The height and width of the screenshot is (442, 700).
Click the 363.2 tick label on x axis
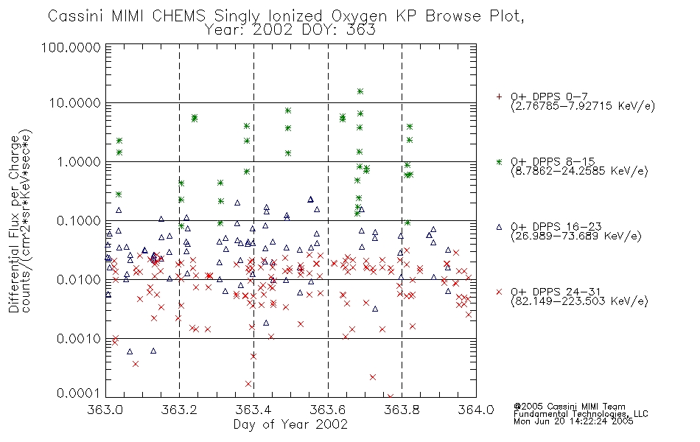(x=179, y=410)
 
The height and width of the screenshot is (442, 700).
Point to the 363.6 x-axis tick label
(x=328, y=410)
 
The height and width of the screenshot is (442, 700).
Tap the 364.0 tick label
(x=476, y=410)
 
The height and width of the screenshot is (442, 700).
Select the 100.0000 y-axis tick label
(x=71, y=47)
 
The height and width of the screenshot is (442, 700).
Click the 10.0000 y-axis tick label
(x=74, y=103)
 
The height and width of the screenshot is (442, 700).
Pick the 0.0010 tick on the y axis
(x=79, y=339)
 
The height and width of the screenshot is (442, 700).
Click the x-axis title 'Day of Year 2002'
(x=290, y=424)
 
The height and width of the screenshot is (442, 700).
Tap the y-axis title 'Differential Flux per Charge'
(x=14, y=224)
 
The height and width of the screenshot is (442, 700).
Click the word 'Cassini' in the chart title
(x=75, y=16)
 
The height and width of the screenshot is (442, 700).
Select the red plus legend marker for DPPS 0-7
(x=499, y=97)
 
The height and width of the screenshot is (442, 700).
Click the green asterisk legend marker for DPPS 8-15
(x=499, y=161)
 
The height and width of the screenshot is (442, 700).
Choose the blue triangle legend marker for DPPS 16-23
(x=499, y=227)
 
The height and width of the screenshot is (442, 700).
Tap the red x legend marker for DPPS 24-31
(x=499, y=292)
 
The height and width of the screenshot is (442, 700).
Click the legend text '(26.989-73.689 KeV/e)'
(x=576, y=236)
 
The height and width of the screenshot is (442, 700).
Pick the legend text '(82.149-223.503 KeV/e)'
(x=579, y=301)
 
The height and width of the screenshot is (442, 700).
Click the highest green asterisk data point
(x=360, y=91)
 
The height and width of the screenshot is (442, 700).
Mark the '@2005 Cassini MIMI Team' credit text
(x=569, y=407)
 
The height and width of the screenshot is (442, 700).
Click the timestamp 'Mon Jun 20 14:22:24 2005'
(x=573, y=421)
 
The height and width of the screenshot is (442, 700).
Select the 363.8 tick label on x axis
(x=402, y=410)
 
